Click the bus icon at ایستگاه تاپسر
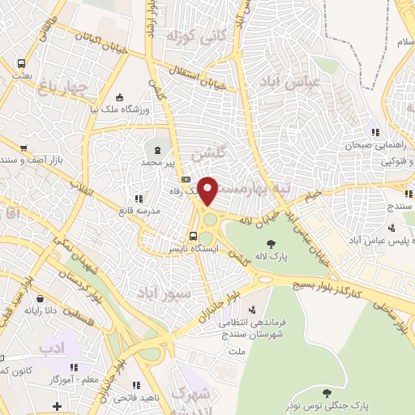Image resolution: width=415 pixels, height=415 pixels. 192,236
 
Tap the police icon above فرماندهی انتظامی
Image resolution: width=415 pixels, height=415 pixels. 254,310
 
